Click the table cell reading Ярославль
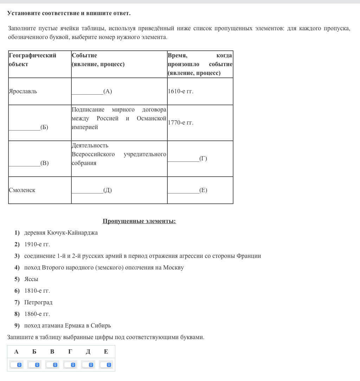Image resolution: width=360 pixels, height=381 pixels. tap(23, 91)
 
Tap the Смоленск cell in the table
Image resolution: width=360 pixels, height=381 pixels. tap(22, 190)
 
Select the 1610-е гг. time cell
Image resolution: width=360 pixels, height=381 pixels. tap(181, 91)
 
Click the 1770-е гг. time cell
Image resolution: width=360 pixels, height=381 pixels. tap(181, 123)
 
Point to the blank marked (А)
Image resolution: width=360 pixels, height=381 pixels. tap(92, 91)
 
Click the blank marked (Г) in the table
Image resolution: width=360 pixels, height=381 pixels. tap(187, 159)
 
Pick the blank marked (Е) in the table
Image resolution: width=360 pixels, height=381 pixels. tap(187, 190)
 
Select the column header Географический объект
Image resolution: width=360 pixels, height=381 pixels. tap(32, 60)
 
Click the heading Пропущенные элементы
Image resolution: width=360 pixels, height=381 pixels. tap(139, 221)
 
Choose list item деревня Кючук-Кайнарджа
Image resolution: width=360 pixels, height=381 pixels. tap(61, 233)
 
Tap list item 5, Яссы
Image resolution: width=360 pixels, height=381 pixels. tap(31, 279)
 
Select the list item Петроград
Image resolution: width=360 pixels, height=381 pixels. tap(38, 303)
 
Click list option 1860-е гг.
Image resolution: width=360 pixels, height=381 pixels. tap(37, 314)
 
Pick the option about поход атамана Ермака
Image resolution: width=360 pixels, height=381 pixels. tap(67, 326)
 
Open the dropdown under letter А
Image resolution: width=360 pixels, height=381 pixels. tap(16, 365)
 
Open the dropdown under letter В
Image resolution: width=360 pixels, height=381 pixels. tap(52, 365)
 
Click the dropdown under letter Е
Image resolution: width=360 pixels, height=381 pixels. tap(106, 365)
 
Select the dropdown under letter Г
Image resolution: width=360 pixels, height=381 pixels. tap(70, 365)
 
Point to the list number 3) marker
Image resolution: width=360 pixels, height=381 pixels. tap(17, 256)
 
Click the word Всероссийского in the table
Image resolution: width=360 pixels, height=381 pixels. tap(93, 154)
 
